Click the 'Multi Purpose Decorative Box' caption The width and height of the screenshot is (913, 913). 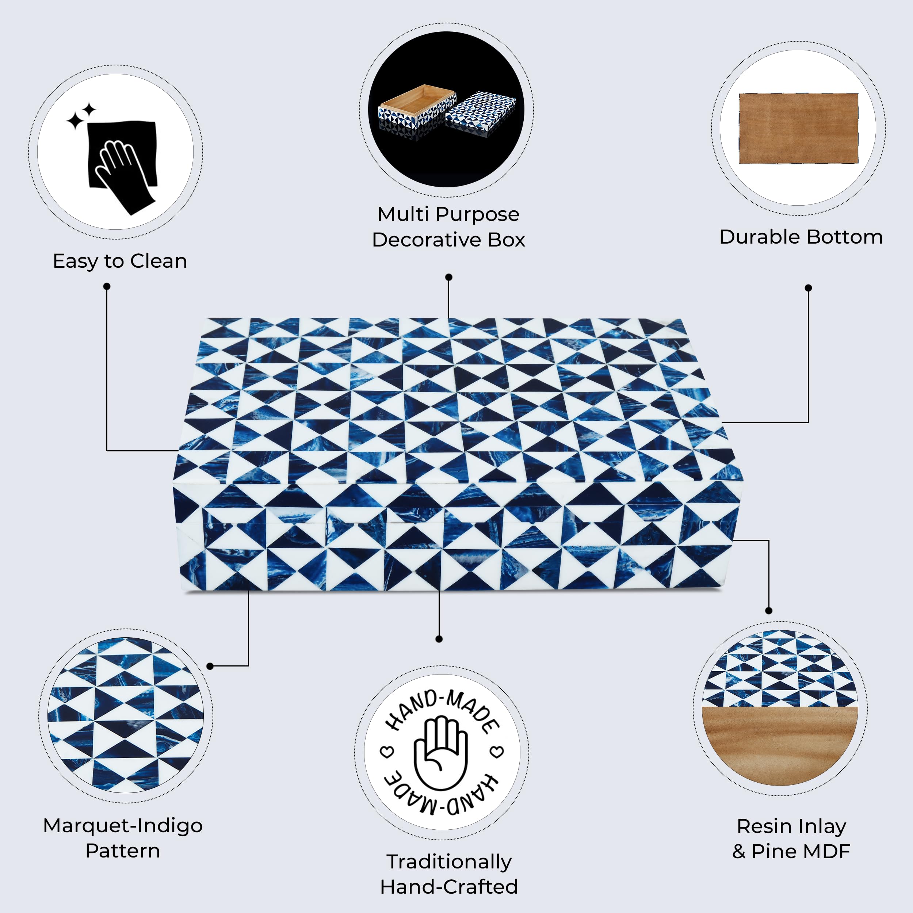click(448, 227)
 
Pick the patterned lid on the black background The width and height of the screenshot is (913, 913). click(481, 112)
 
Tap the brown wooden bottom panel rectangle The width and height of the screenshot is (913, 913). click(799, 128)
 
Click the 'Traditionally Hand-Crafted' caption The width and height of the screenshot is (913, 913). click(449, 874)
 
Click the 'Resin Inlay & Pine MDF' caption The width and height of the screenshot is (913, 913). click(791, 839)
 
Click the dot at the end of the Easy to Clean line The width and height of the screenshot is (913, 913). click(107, 286)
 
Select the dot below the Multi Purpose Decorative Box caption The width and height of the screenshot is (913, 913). click(449, 277)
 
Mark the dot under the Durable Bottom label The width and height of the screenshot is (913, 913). click(808, 288)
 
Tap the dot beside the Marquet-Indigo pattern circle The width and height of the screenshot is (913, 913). click(210, 666)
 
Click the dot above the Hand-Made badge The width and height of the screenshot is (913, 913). click(439, 639)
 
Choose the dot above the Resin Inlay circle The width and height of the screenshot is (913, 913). click(769, 611)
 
